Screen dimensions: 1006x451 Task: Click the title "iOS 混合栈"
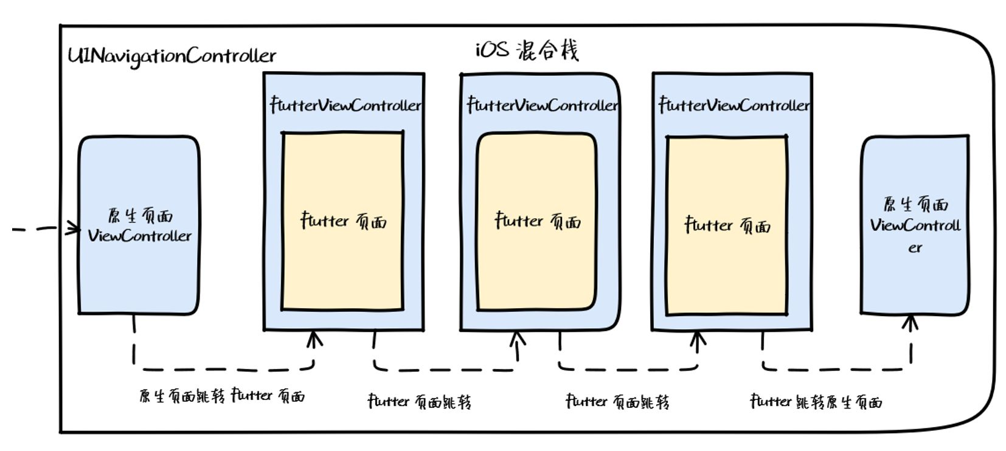point(527,50)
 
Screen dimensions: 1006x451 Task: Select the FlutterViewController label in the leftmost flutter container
point(345,105)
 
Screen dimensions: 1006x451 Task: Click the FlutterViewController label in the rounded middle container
point(543,105)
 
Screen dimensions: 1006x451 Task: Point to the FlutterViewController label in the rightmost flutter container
point(734,105)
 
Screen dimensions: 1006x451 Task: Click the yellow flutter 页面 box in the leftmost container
point(342,221)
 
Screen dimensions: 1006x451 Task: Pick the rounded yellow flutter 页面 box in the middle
point(536,222)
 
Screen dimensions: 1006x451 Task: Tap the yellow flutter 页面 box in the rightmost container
point(727,225)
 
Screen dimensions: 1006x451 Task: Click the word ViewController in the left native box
point(140,236)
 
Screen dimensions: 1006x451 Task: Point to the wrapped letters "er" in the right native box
point(915,248)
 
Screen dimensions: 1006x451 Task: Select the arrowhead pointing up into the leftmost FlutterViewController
point(314,339)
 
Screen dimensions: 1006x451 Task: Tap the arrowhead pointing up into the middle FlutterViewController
point(518,339)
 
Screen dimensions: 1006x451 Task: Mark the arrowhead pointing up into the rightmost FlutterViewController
point(698,339)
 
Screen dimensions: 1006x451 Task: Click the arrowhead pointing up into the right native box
point(911,323)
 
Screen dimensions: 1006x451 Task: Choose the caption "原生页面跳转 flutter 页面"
point(222,396)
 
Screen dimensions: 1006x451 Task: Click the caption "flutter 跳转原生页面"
point(816,401)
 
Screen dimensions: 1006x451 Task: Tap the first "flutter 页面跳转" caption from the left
point(420,401)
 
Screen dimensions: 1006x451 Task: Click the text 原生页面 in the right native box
point(916,205)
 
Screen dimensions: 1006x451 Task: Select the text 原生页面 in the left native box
point(140,216)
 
